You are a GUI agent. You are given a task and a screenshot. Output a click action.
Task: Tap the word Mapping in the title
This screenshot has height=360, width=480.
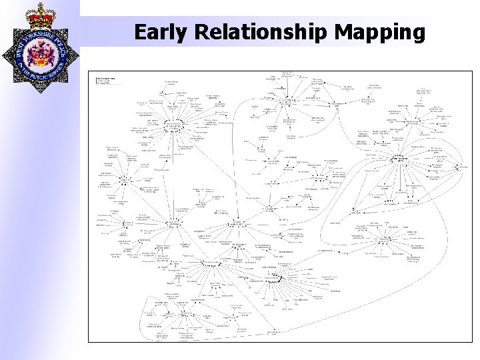click(382, 33)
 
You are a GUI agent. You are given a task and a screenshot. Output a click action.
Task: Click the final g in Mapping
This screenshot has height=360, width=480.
click(417, 35)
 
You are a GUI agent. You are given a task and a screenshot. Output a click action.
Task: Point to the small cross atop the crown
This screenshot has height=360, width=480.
click(40, 3)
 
